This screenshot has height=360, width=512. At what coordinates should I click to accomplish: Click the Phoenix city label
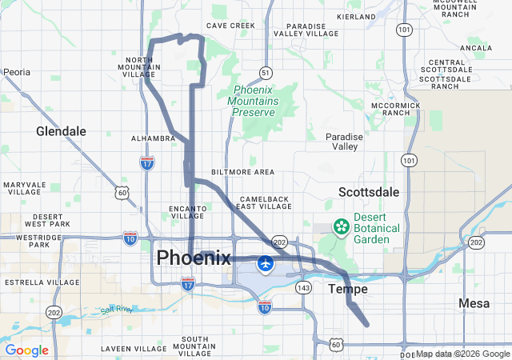(x=194, y=258)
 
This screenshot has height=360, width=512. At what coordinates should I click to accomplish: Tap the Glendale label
(x=61, y=131)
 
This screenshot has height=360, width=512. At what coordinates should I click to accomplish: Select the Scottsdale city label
(x=369, y=192)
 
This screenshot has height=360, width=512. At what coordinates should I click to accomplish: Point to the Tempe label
(x=348, y=289)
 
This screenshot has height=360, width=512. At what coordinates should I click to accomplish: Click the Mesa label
(x=474, y=303)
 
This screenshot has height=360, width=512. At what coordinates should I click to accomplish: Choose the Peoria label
(x=16, y=72)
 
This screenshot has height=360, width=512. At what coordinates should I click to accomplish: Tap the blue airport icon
(x=265, y=262)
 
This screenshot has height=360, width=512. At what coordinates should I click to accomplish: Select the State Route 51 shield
(x=265, y=73)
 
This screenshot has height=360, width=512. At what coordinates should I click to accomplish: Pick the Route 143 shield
(x=302, y=287)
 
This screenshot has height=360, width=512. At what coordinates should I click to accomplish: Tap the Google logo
(x=26, y=350)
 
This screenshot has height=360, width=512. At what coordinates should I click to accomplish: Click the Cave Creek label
(x=230, y=26)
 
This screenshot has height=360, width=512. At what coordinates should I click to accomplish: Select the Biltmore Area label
(x=242, y=172)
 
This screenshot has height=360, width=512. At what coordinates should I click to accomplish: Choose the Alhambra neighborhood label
(x=153, y=138)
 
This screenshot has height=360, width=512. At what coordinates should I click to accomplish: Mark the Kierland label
(x=357, y=16)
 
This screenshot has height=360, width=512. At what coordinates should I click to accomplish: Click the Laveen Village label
(x=134, y=349)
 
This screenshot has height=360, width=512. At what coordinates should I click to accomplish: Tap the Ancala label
(x=476, y=48)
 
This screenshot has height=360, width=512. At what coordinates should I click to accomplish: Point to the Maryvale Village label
(x=25, y=189)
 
